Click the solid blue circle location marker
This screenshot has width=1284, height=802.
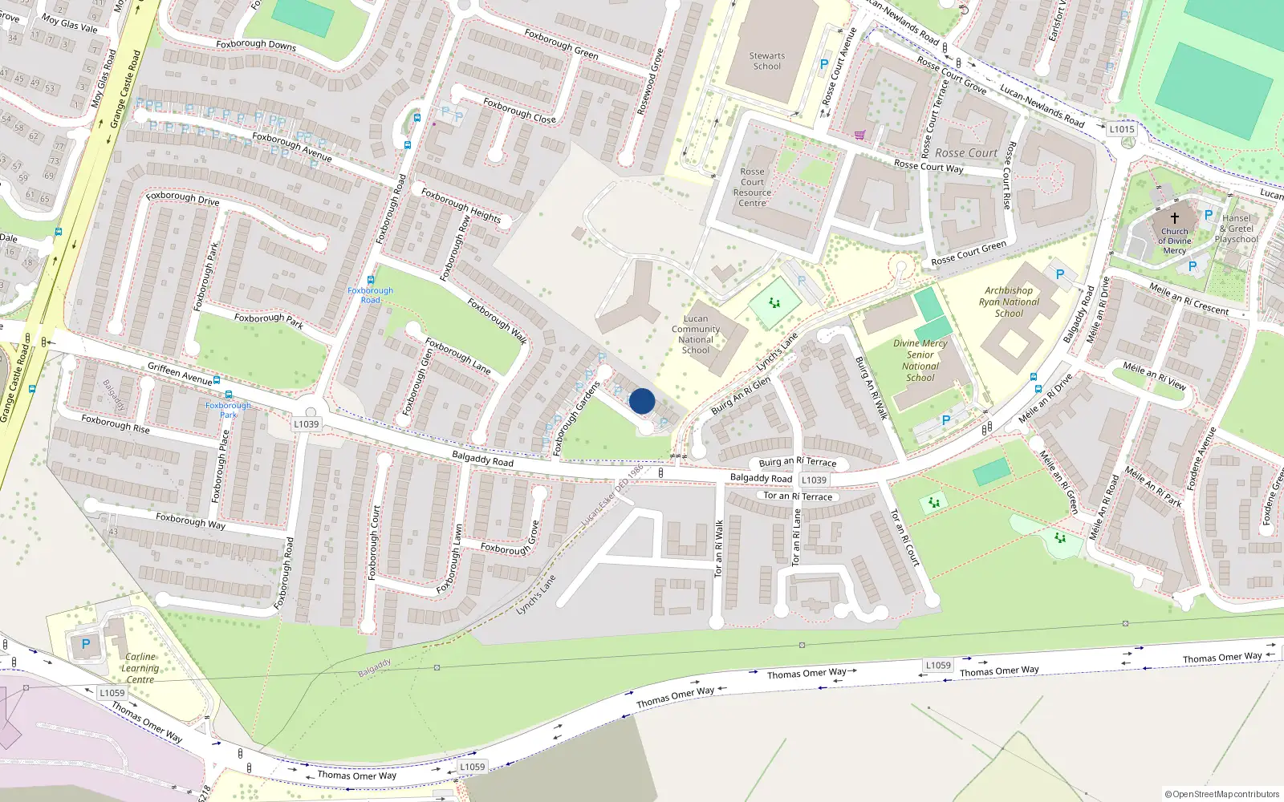coord(642,401)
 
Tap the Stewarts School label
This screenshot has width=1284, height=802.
coord(766,62)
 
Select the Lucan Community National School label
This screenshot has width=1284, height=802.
coord(696,334)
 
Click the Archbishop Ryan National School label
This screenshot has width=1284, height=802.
coord(1009,302)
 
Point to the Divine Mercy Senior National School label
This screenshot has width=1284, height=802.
coord(920,360)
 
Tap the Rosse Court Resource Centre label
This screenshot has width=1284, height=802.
coord(752,188)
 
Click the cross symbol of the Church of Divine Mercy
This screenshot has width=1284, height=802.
coord(1174,217)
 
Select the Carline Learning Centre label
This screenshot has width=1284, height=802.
coord(140,668)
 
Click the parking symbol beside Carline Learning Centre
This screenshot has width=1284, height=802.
coord(86,644)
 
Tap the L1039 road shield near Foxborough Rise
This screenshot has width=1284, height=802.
coord(306,424)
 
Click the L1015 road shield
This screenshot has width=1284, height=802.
coord(1122,129)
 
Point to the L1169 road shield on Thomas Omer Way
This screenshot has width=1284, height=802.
coord(938,665)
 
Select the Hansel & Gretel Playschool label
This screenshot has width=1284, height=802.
coord(1237,229)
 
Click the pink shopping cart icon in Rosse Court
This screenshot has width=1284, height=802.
coord(859,135)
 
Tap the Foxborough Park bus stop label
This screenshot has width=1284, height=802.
coord(228,410)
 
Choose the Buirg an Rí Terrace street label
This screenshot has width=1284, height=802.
coord(798,463)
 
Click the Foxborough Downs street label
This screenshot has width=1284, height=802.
coord(256,45)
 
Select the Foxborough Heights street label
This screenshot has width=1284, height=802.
coord(461,205)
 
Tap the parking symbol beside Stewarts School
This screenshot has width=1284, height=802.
coord(823,65)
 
